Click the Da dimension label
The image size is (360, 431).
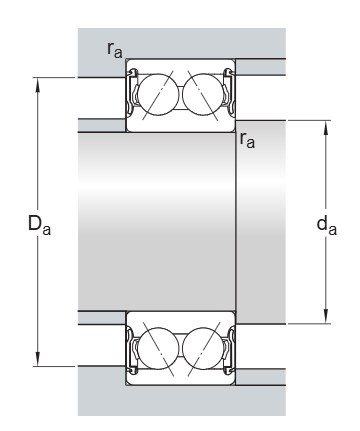tap(39, 225)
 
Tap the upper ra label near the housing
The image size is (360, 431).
tap(115, 49)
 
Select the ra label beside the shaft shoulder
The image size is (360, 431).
tap(247, 140)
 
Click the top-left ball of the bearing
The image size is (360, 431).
tap(158, 95)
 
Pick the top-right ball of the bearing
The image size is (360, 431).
tap(203, 95)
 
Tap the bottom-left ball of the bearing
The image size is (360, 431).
tap(158, 349)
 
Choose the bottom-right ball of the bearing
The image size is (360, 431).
tap(203, 349)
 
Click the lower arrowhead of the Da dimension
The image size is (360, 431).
tap(38, 359)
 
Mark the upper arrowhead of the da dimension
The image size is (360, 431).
tap(326, 127)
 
